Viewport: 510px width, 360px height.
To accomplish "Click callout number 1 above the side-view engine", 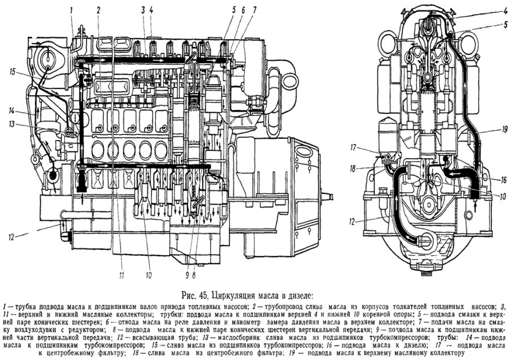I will point(72,10).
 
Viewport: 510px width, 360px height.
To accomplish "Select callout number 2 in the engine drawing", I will point(98,10).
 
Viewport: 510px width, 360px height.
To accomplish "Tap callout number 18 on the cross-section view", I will point(368,168).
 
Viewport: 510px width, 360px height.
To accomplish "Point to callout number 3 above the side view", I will point(144,10).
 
